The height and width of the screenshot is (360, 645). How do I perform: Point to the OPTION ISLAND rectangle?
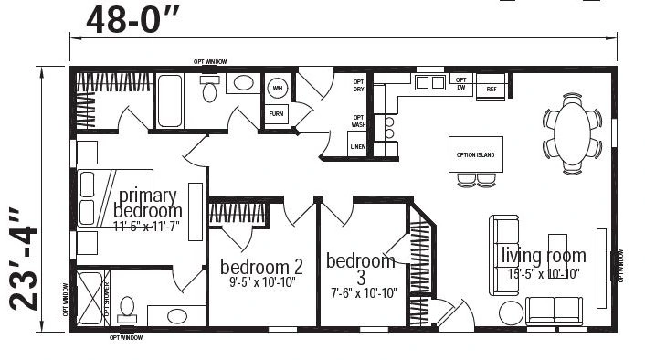pyautogui.click(x=475, y=155)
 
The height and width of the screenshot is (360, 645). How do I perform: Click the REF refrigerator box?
pyautogui.click(x=491, y=90)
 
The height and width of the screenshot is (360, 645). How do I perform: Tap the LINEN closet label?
pyautogui.click(x=357, y=146)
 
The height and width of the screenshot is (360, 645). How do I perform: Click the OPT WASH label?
pyautogui.click(x=359, y=121)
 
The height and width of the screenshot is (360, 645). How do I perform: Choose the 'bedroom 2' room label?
pyautogui.click(x=261, y=267)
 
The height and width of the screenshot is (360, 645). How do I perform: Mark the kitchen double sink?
pyautogui.click(x=428, y=84)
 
